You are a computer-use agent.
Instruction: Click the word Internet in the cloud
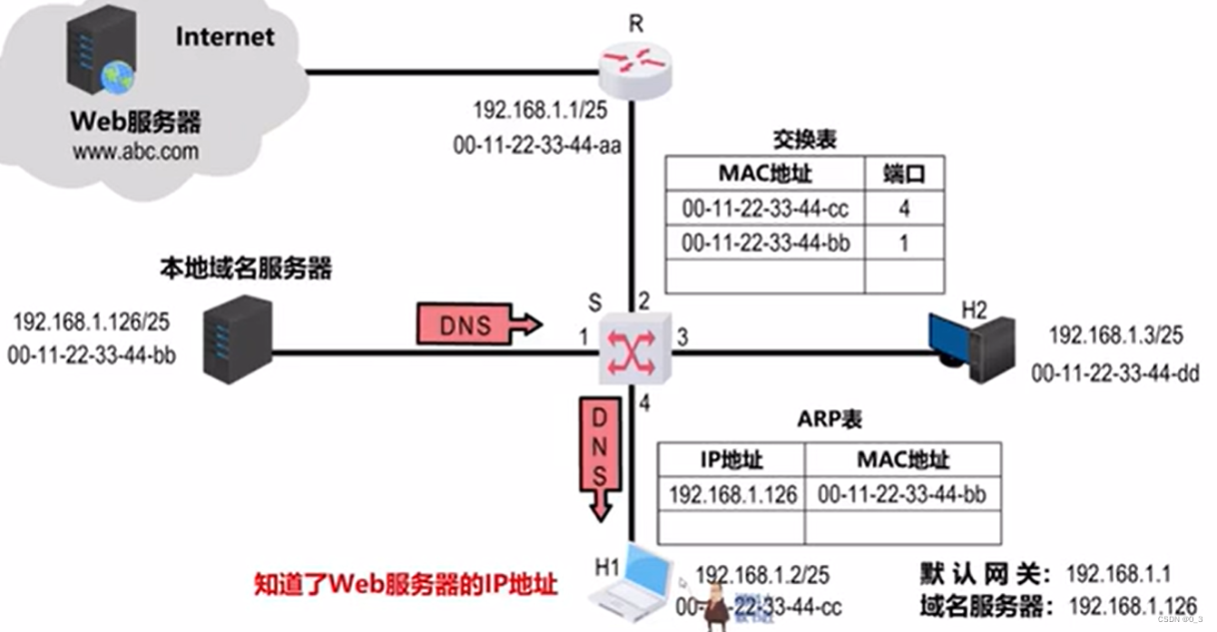click(x=224, y=36)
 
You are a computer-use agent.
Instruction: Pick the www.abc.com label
click(x=135, y=151)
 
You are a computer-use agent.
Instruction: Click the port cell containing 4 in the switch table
click(x=904, y=209)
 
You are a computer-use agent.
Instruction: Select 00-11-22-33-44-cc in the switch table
click(x=765, y=209)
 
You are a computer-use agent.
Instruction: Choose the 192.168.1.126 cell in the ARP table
click(x=732, y=494)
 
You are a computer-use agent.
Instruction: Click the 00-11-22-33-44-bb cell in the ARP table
click(x=902, y=494)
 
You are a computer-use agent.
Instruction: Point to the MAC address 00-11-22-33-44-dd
click(x=1115, y=372)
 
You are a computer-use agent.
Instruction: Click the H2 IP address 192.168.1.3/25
click(x=1115, y=335)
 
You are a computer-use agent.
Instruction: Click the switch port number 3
click(x=682, y=338)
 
